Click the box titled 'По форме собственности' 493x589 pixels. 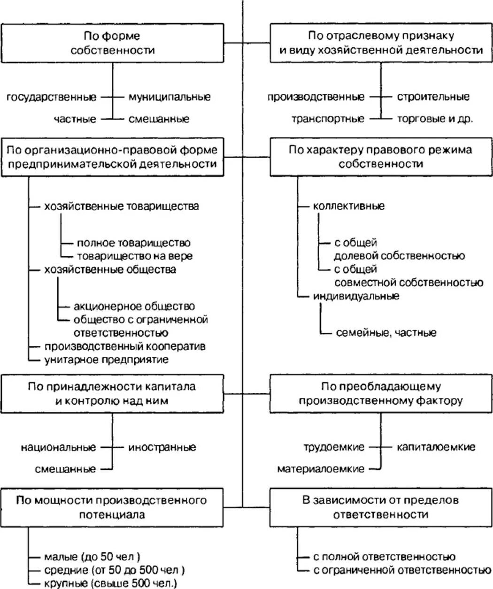[112, 43]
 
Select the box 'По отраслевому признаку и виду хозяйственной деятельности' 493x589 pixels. [381, 43]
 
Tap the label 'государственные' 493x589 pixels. [52, 97]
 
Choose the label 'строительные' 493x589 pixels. [433, 97]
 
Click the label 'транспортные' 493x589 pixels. [327, 119]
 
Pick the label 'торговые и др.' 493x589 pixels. [435, 119]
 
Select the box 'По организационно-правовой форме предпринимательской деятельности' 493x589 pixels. [112, 157]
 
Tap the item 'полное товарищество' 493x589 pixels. [134, 243]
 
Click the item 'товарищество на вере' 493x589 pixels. [135, 256]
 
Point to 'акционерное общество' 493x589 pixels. [134, 306]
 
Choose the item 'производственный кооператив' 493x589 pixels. [125, 346]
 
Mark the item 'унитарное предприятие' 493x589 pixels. [106, 360]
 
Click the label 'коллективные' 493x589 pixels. [349, 206]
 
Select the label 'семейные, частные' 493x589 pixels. [386, 333]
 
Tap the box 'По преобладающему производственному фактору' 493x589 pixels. [381, 393]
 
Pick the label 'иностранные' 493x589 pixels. [162, 447]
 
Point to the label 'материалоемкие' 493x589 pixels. [321, 469]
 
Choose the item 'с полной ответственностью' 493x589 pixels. [384, 557]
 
